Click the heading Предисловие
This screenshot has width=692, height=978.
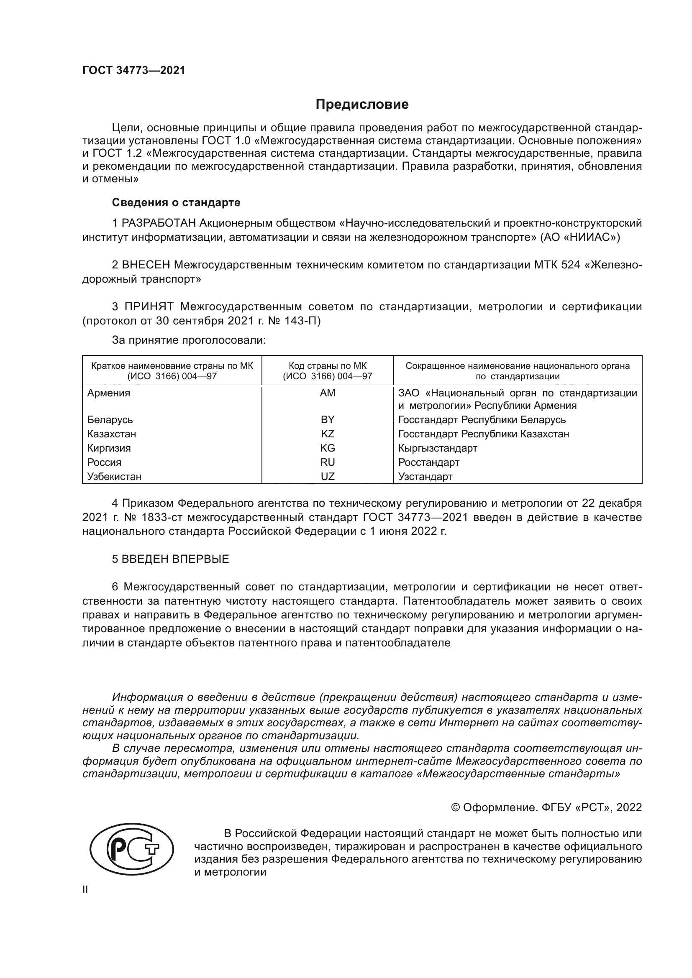coord(362,105)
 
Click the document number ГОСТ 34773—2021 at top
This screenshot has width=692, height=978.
coord(134,71)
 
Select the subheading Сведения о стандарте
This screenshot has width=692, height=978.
coord(176,203)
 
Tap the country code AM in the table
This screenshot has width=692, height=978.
coord(327,393)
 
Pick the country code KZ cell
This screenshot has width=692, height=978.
coord(327,434)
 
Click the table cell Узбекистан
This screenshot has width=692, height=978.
coord(114,477)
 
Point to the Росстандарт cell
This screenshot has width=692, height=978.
coord(429,462)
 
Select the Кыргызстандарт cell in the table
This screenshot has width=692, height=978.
coord(438,448)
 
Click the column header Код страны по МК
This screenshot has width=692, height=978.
coord(327,366)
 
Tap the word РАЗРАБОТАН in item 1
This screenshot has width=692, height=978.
coord(159,223)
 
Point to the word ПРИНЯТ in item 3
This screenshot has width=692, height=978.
coord(149,306)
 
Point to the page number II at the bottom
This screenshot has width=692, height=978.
coord(85,890)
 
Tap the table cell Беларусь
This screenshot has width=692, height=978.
coord(110,420)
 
